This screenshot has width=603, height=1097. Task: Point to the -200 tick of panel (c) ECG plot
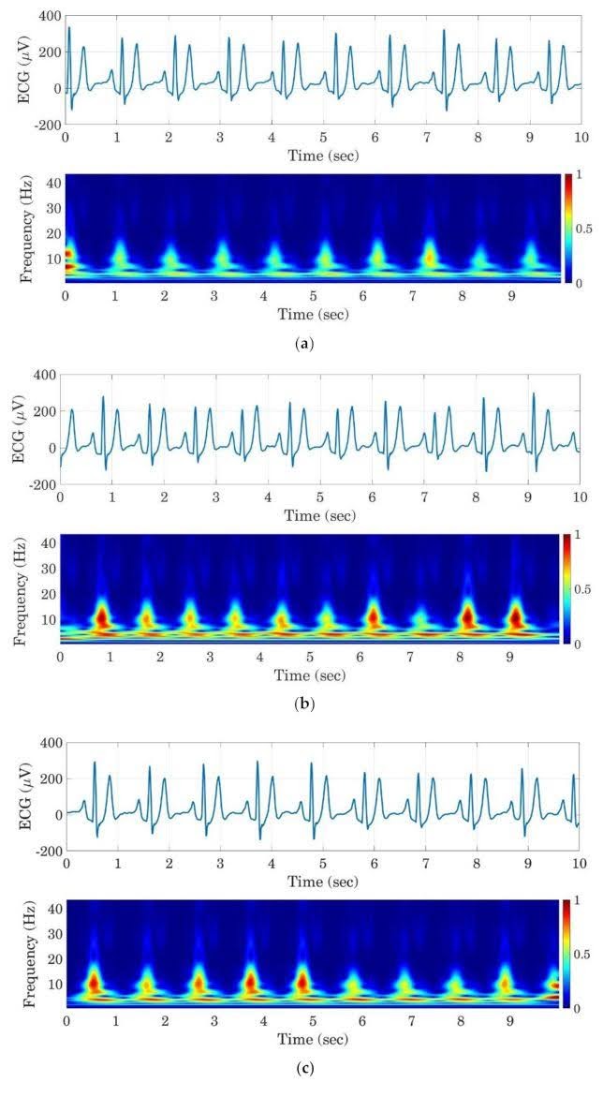point(44,851)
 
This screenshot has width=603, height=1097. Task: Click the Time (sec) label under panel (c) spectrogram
point(310,1039)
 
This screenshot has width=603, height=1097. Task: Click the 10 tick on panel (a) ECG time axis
point(580,137)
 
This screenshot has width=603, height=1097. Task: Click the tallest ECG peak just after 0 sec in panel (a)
point(68,28)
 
